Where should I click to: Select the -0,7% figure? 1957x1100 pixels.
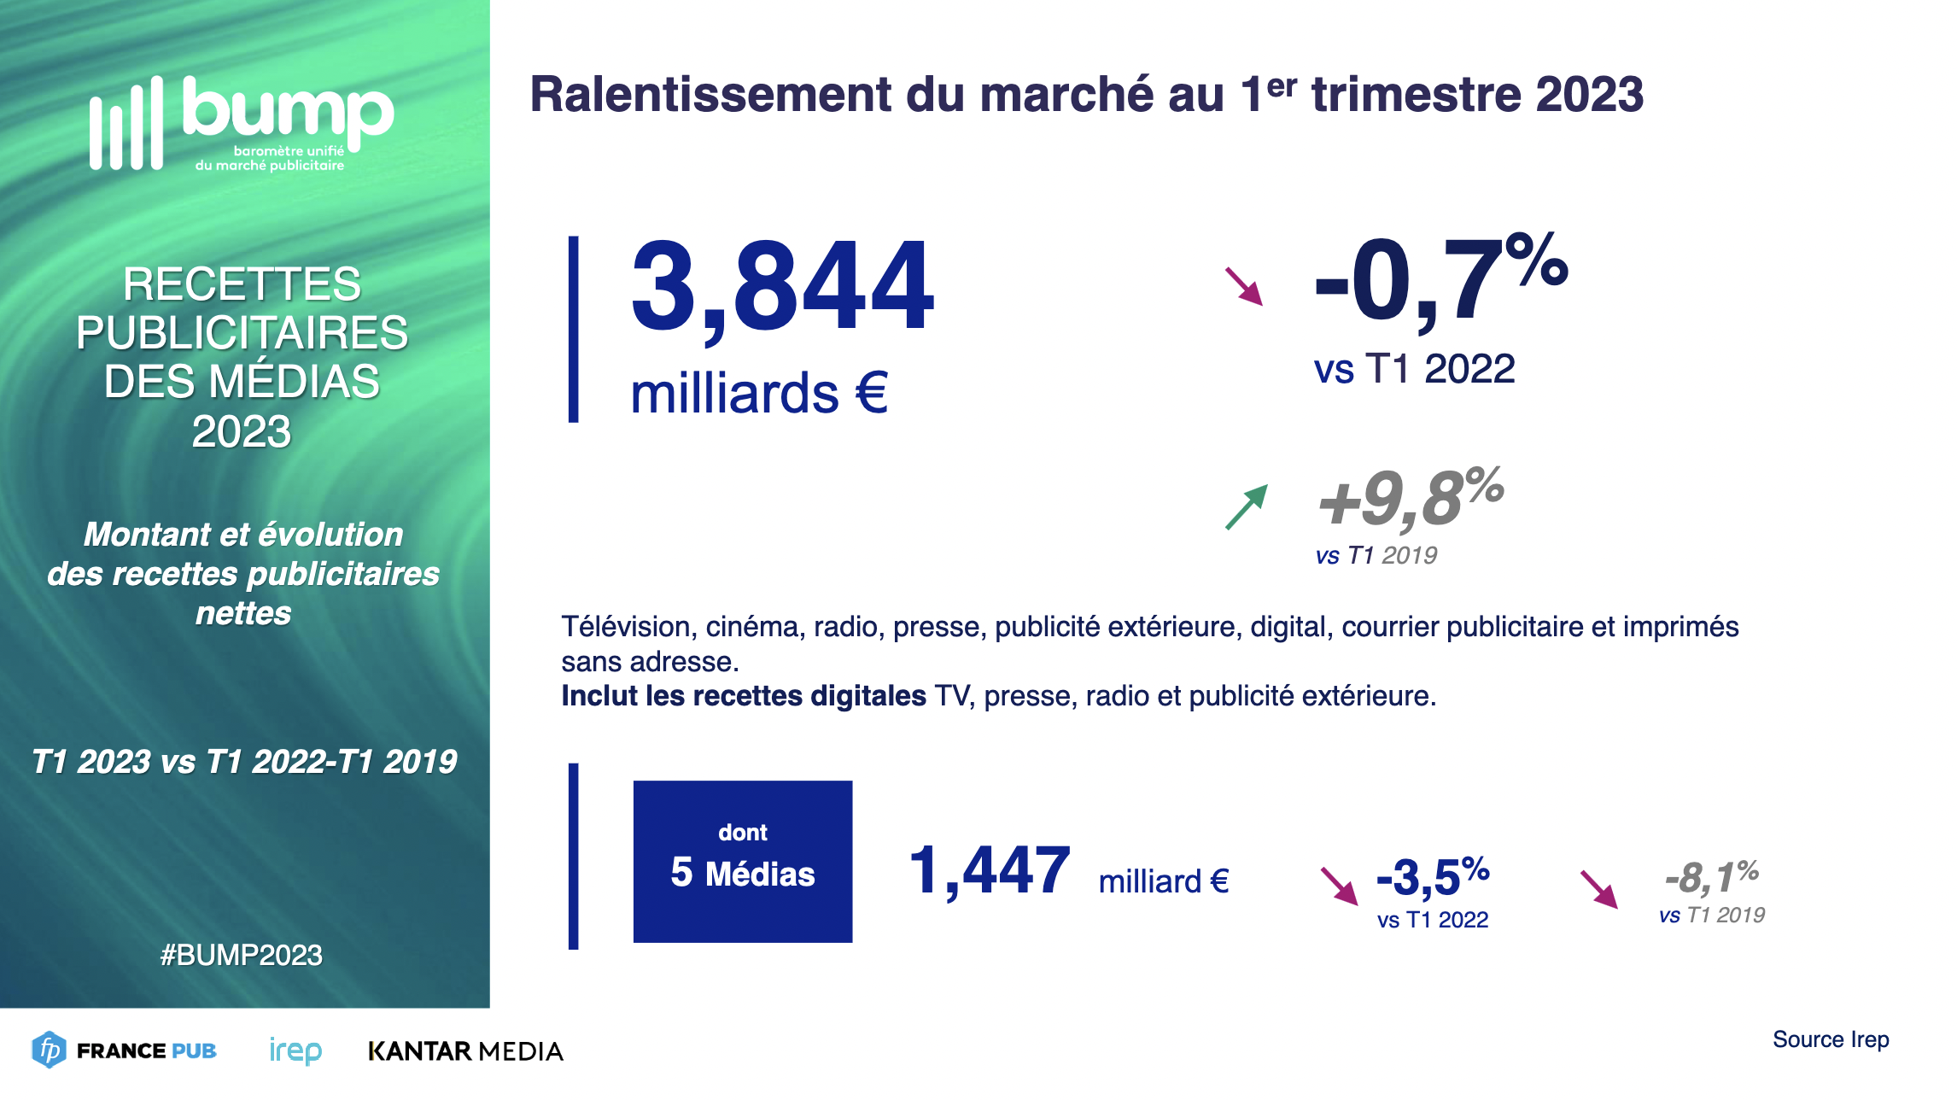pyautogui.click(x=1441, y=280)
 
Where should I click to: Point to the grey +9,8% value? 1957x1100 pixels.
pyautogui.click(x=1411, y=498)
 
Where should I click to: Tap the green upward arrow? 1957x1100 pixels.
pyautogui.click(x=1246, y=507)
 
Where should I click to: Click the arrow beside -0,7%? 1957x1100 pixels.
pyautogui.click(x=1243, y=286)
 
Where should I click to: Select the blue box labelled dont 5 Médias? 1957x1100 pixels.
pyautogui.click(x=742, y=861)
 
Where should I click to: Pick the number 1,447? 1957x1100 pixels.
pyautogui.click(x=989, y=871)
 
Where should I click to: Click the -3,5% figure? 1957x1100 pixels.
pyautogui.click(x=1433, y=877)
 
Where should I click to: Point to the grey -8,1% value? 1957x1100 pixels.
pyautogui.click(x=1711, y=877)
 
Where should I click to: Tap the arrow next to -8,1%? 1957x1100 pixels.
pyautogui.click(x=1598, y=889)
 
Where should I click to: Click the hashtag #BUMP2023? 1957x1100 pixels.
pyautogui.click(x=242, y=955)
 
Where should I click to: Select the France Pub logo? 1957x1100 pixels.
pyautogui.click(x=125, y=1050)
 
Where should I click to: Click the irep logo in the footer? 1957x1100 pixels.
pyautogui.click(x=295, y=1050)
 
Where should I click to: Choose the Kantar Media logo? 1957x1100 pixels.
pyautogui.click(x=465, y=1050)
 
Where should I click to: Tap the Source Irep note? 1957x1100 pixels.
pyautogui.click(x=1831, y=1039)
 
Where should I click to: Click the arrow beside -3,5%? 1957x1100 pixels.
pyautogui.click(x=1339, y=886)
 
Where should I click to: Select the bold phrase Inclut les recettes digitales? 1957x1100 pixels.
pyautogui.click(x=743, y=696)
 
